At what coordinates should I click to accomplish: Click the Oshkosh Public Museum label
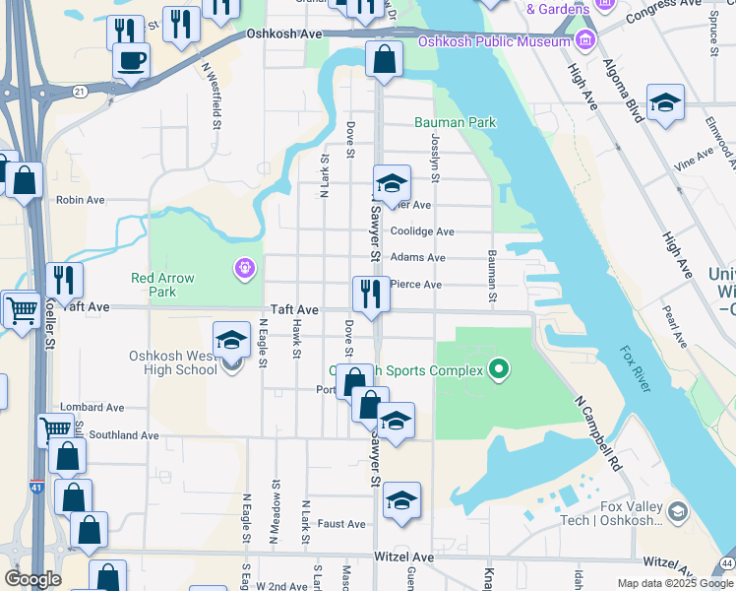494,41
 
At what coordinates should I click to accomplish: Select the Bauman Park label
456,122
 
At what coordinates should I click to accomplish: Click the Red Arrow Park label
162,285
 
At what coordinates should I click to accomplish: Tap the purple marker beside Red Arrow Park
244,267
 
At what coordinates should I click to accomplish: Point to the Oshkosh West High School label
172,362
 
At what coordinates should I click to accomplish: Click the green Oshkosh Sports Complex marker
500,370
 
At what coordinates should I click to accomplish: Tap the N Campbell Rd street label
599,432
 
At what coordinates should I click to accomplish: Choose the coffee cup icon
131,61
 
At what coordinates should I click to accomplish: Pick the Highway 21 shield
78,92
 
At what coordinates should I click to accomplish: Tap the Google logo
32,579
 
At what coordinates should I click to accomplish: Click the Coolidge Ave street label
422,231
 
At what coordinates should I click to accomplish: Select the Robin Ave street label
80,200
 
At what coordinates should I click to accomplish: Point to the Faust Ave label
341,524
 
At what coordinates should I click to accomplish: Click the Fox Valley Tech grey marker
677,511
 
